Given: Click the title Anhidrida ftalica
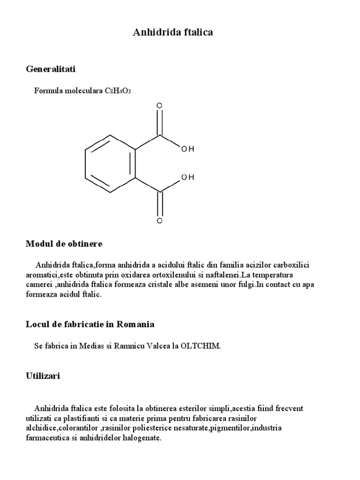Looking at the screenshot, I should [173, 32].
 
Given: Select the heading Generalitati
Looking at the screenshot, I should [51, 69].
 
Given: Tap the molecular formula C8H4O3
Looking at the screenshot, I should [118, 90].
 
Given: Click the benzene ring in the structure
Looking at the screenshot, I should [110, 164].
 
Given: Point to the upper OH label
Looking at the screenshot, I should [187, 149].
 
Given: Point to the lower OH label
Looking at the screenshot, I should [187, 178].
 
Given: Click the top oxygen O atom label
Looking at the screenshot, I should [159, 106].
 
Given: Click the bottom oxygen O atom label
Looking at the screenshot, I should [159, 220].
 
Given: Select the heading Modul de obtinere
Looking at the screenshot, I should [64, 244].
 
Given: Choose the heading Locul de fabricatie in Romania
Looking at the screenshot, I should [90, 324].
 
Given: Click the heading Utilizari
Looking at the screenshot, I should [43, 376].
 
